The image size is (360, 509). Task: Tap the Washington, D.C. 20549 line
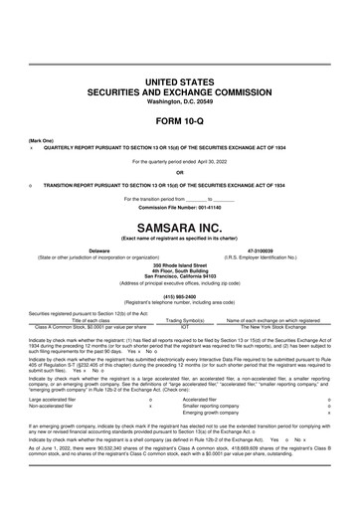[x=179, y=101]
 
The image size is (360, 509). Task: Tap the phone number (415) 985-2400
[x=179, y=294]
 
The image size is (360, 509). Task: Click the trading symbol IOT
[x=171, y=325]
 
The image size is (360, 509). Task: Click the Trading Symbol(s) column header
[x=171, y=319]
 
